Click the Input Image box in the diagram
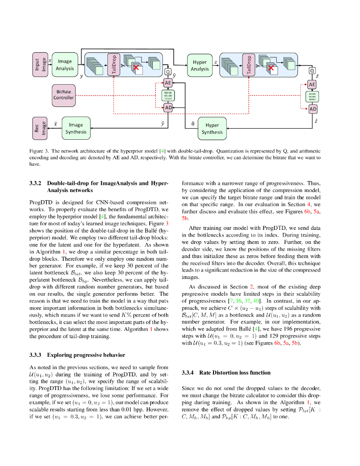click(40, 64)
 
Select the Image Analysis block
click(65, 65)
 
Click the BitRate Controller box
click(63, 94)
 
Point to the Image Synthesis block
click(76, 128)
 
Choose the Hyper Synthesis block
click(212, 128)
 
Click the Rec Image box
click(40, 127)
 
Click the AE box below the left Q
click(168, 83)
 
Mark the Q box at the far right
click(312, 71)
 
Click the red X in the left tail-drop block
click(135, 68)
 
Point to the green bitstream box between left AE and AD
click(168, 95)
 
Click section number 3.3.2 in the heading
click(36, 183)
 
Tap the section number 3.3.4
click(188, 372)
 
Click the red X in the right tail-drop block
click(272, 68)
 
